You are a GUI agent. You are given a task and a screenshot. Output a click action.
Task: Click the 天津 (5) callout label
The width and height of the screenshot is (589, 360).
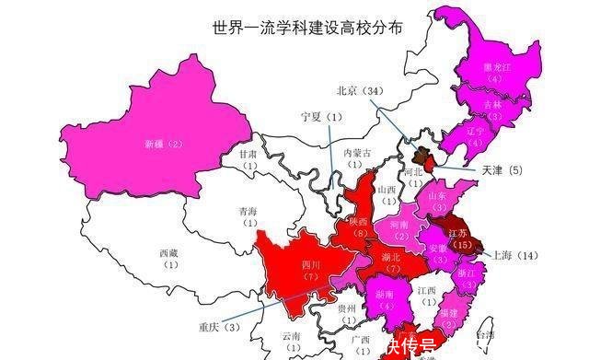[x=502, y=170]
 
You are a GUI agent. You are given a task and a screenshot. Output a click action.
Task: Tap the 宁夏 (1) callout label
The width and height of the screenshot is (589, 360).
[x=321, y=117]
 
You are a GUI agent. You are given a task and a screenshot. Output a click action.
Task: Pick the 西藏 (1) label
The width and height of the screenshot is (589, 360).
[x=168, y=258]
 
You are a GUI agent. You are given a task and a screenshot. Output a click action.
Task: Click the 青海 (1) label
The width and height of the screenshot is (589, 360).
[x=248, y=215]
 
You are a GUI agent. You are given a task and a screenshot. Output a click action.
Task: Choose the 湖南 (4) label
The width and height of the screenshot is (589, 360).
[x=387, y=300]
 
